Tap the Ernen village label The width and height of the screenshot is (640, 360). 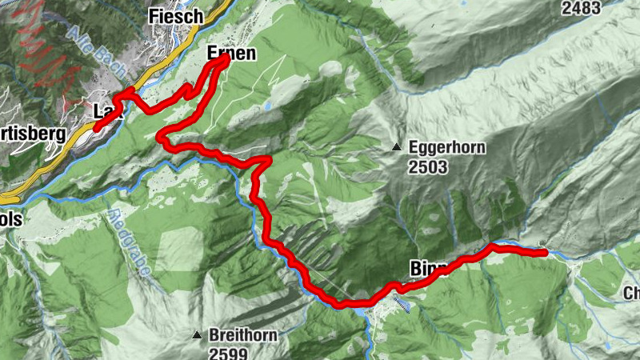click(x=231, y=54)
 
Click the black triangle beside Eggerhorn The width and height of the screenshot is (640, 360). click(x=396, y=147)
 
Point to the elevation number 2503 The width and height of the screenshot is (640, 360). click(x=427, y=167)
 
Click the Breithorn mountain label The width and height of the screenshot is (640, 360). click(x=242, y=334)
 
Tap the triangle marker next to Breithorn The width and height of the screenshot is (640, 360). click(x=196, y=334)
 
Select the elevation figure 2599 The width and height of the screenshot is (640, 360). click(x=228, y=352)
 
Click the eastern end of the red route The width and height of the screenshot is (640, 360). click(x=545, y=253)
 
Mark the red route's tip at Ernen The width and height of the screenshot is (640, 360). click(x=226, y=58)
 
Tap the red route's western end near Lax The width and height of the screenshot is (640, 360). click(x=97, y=127)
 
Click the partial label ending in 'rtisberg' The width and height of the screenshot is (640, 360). click(x=32, y=134)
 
